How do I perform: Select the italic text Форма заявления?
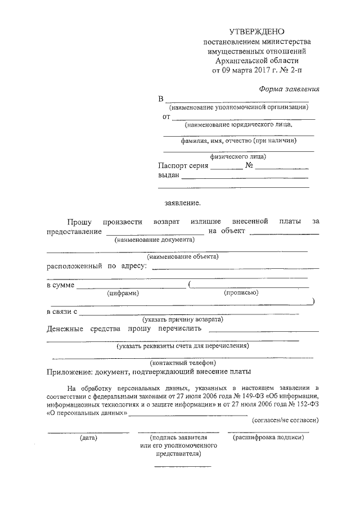point(289,88)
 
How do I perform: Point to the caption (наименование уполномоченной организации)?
point(238,107)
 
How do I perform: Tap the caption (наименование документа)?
point(154,239)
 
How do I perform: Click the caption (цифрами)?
point(123,292)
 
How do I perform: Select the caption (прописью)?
point(241,292)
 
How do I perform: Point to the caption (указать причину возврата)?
point(182,319)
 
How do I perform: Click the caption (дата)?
point(88,437)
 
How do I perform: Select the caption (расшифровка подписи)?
point(268,437)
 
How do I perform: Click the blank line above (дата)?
point(88,431)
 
